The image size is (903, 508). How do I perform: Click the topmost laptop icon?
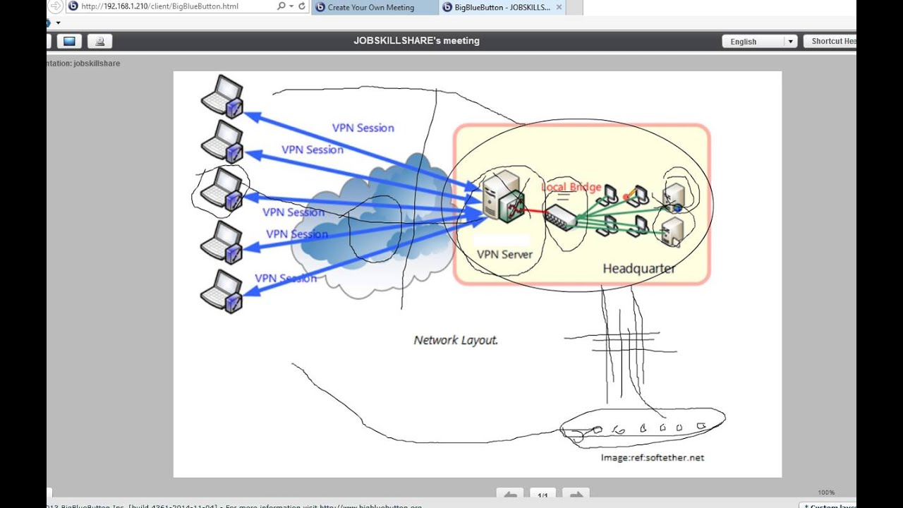click(x=222, y=95)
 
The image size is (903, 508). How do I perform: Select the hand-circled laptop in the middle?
click(x=222, y=189)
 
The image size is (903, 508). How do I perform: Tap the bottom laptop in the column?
click(x=222, y=291)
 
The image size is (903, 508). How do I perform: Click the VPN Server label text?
click(x=504, y=254)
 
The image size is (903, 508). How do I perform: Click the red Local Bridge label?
click(x=571, y=187)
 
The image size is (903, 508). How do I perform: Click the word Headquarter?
click(x=638, y=269)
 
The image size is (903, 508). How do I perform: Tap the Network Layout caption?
click(x=456, y=340)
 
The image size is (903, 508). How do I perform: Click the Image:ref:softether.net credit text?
click(x=652, y=457)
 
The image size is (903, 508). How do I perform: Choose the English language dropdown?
click(x=759, y=42)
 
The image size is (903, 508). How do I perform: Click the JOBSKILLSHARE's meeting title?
click(x=416, y=41)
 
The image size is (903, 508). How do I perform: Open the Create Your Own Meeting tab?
click(x=370, y=8)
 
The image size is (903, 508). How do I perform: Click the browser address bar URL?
click(x=169, y=6)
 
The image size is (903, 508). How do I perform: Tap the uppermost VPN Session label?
click(x=363, y=128)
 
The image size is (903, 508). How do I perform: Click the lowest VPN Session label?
click(x=286, y=278)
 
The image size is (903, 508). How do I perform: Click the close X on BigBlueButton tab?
click(x=559, y=7)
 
